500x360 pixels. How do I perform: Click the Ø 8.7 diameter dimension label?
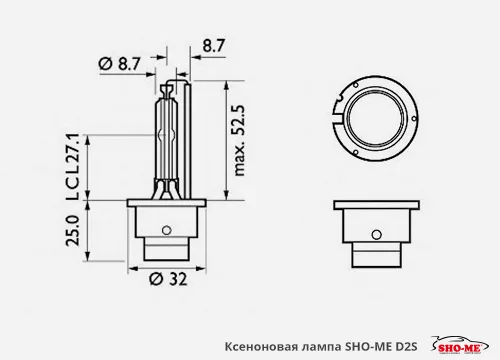coord(119,63)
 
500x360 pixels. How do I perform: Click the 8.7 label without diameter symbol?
coord(214,45)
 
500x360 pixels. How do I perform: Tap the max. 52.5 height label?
coord(239,140)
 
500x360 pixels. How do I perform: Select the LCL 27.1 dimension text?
coord(72,167)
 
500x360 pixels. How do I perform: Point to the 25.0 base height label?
coord(73,230)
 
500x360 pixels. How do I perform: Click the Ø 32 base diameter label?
coord(168,279)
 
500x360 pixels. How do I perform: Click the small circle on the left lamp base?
coord(166,230)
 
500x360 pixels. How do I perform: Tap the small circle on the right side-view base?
coord(377,234)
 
